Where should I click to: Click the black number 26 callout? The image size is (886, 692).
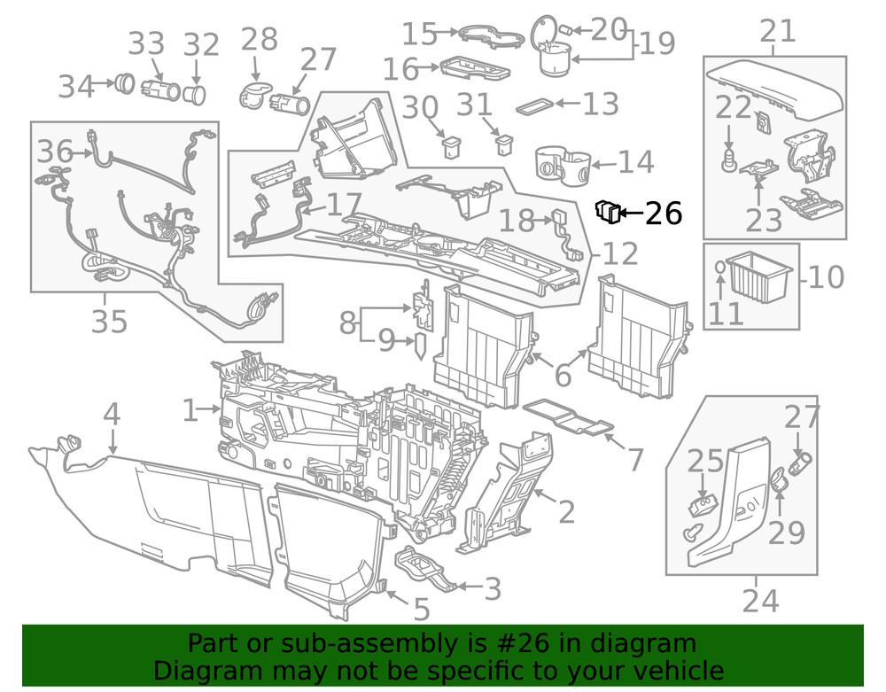[x=664, y=214]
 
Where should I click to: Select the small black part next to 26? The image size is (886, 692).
[x=607, y=211]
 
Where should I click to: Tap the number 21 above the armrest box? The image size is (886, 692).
[x=778, y=33]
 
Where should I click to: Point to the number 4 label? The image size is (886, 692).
[x=111, y=414]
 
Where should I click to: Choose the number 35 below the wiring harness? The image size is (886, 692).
[x=109, y=322]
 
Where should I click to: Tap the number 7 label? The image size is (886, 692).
[x=635, y=460]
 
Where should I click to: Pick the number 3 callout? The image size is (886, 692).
[x=493, y=588]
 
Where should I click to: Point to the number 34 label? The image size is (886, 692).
[x=76, y=87]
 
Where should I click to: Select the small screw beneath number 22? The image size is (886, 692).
[x=729, y=163]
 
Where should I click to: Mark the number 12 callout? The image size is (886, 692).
[x=620, y=254]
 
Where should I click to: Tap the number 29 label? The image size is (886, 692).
[x=786, y=532]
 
